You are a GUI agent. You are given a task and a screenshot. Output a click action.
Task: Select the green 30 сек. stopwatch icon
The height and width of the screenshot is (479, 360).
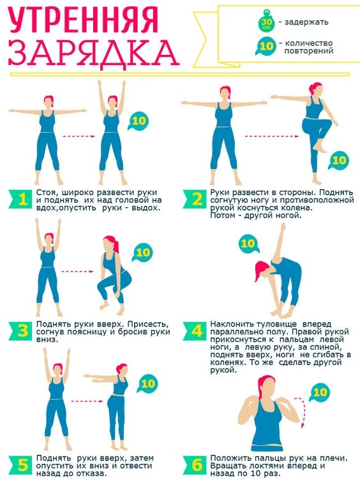(x=266, y=21)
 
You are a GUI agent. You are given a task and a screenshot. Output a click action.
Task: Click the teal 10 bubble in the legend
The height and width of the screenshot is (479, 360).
(x=266, y=46)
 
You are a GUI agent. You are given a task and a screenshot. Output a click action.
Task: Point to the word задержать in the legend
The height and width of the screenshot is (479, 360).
(x=306, y=22)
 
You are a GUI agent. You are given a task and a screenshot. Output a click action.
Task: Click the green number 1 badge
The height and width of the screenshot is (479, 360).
(x=21, y=199)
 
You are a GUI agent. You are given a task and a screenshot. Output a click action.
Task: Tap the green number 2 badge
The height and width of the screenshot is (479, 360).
(x=195, y=199)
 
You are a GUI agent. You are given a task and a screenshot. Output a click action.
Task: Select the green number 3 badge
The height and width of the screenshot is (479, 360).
(x=21, y=331)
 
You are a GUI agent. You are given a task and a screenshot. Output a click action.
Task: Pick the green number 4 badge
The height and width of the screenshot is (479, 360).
(x=195, y=331)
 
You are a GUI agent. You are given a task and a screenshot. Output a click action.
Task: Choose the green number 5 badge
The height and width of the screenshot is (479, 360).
(x=21, y=465)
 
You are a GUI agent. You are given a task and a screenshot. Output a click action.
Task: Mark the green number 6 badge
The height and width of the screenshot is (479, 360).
(x=195, y=465)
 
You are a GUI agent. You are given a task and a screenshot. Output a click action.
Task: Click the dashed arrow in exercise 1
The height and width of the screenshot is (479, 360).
(x=79, y=136)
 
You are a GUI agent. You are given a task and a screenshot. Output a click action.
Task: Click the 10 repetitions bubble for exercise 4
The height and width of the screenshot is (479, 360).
(x=248, y=244)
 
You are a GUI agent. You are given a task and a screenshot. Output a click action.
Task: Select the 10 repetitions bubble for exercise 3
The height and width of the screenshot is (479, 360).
(x=142, y=253)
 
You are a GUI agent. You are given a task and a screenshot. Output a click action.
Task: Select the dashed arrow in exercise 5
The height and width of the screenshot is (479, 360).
(x=87, y=401)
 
